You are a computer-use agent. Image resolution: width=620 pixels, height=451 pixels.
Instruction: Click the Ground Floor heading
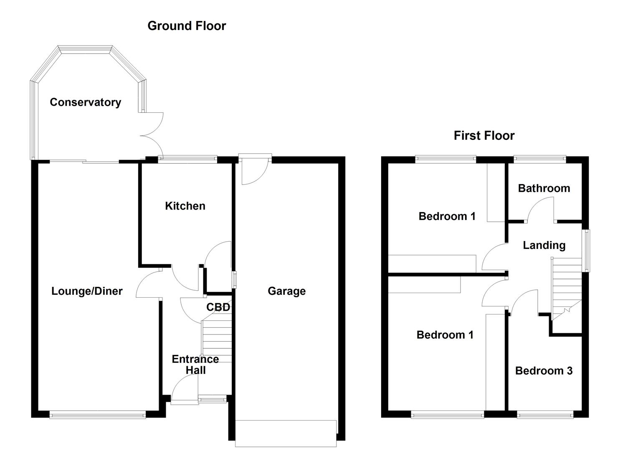point(187,26)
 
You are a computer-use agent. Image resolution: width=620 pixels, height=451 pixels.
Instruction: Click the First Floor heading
point(484,136)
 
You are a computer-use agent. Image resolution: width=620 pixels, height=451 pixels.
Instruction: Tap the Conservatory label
point(85,102)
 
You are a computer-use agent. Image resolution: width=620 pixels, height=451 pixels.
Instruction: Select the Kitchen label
point(185,206)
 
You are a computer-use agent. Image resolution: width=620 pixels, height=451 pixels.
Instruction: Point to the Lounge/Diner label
point(87,291)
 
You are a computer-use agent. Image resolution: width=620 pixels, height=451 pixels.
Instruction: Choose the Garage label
point(286,291)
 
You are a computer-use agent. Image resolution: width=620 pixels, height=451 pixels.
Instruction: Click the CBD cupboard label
point(218,307)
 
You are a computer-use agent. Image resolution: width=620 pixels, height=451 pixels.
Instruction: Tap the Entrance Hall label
point(195,365)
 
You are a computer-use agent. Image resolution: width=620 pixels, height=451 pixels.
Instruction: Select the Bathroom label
point(544,188)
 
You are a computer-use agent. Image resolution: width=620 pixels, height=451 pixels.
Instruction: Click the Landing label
point(544,245)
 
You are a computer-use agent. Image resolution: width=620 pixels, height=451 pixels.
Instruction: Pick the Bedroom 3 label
point(544,371)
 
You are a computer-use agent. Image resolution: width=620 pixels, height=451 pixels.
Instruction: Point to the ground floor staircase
point(216,340)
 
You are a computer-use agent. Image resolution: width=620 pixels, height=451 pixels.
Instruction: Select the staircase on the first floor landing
point(567,288)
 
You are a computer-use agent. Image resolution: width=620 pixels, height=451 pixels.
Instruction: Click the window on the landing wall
point(587,251)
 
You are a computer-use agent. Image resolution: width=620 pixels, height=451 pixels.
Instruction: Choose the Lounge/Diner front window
point(97,415)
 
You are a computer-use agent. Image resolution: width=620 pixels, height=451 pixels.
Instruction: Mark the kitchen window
point(187,159)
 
